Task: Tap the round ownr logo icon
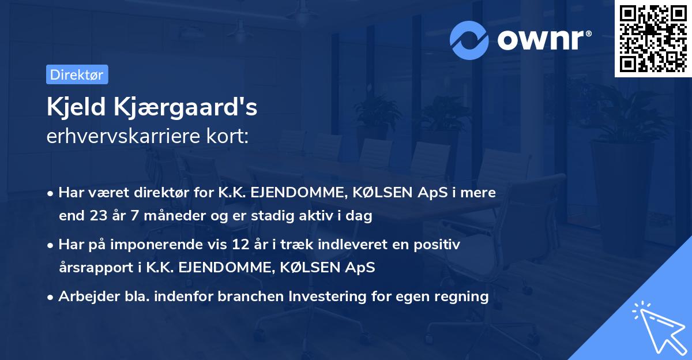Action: [469, 40]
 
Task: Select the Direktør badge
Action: [77, 74]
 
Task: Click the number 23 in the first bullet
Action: [97, 216]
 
